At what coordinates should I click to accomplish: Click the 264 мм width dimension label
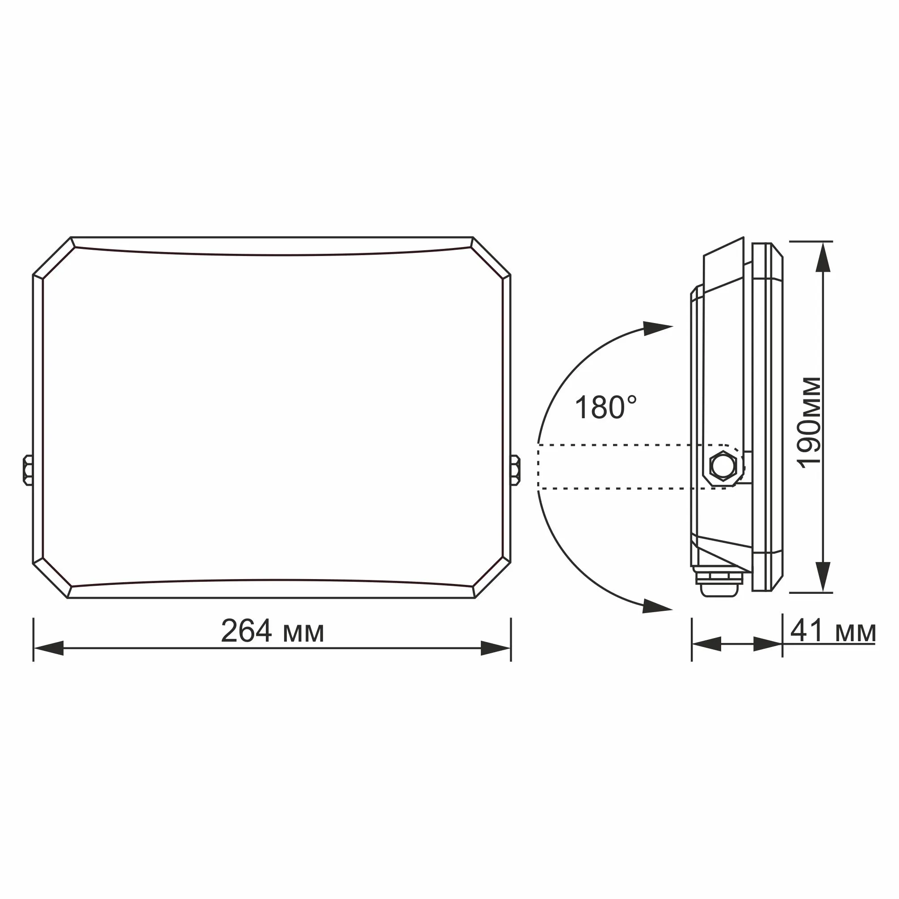[x=272, y=631]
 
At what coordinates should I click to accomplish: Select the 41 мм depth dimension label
[x=833, y=632]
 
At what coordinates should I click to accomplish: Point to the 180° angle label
[x=606, y=407]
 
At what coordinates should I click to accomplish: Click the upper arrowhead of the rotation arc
[x=656, y=328]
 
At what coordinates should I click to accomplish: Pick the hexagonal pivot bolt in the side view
[x=723, y=466]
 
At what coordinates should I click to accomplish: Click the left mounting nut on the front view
[x=28, y=470]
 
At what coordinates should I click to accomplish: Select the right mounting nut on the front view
[x=516, y=470]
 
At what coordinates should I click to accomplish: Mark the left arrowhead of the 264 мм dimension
[x=48, y=648]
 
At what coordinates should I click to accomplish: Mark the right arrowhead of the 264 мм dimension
[x=496, y=648]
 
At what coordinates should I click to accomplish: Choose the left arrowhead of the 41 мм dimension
[x=706, y=644]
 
